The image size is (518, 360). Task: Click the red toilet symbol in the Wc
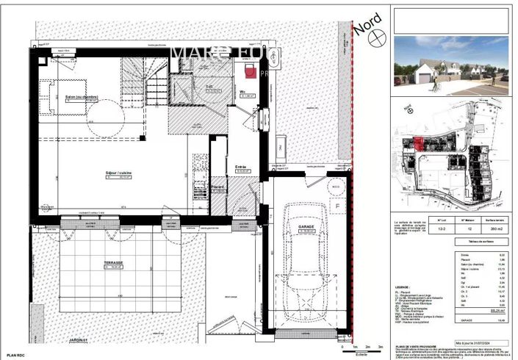(251, 71)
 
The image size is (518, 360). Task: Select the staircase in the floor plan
(157, 82)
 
